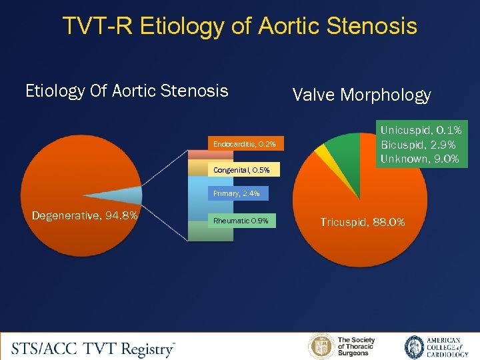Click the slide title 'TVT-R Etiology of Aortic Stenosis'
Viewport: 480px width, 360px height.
tap(240, 26)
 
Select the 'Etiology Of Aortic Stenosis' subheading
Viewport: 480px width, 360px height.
tap(127, 91)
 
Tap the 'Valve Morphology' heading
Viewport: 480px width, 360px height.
tap(361, 95)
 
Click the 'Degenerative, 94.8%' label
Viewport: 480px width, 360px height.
tap(85, 215)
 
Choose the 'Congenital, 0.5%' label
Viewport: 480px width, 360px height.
tap(241, 170)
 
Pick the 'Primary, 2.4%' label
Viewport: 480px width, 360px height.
tap(238, 194)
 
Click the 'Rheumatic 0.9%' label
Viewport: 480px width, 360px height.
tap(241, 221)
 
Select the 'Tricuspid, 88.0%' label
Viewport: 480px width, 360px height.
tap(362, 222)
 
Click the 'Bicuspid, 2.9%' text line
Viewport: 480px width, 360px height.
tap(419, 145)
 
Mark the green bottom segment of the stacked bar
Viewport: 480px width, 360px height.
tap(206, 231)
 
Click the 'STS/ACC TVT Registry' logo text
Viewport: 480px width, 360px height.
tap(93, 348)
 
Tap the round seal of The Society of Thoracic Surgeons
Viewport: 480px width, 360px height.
tap(321, 347)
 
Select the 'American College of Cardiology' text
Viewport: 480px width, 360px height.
tap(443, 347)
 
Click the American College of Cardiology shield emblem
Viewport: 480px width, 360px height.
tap(414, 347)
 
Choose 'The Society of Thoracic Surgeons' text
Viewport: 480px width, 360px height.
tap(357, 347)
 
